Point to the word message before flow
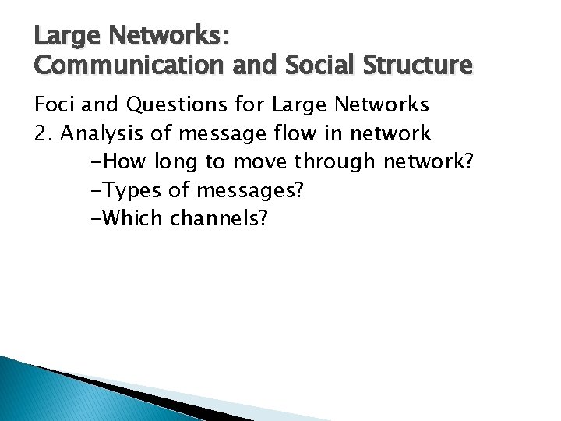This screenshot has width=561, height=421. click(x=221, y=134)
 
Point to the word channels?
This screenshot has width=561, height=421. click(x=219, y=218)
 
